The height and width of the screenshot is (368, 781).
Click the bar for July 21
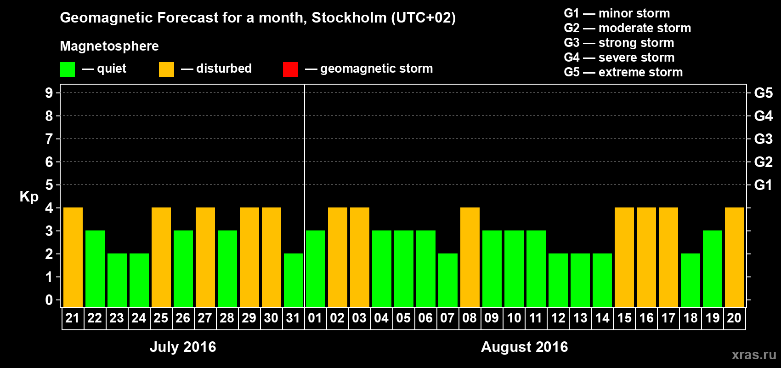pyautogui.click(x=73, y=257)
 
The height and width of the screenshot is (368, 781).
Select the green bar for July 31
pyautogui.click(x=294, y=280)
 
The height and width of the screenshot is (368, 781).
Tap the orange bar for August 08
pyautogui.click(x=470, y=257)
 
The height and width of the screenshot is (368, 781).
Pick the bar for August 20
pyautogui.click(x=735, y=257)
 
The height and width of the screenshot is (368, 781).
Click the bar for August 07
pyautogui.click(x=448, y=280)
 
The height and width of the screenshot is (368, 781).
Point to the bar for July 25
pyautogui.click(x=161, y=257)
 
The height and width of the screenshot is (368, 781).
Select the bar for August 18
pyautogui.click(x=690, y=280)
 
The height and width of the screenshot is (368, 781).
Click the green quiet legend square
pyautogui.click(x=67, y=69)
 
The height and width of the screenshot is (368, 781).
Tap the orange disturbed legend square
pyautogui.click(x=166, y=69)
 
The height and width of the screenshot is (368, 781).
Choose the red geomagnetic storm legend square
pyautogui.click(x=290, y=69)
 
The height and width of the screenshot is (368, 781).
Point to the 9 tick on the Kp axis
pyautogui.click(x=49, y=93)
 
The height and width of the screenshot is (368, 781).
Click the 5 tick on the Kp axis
pyautogui.click(x=49, y=185)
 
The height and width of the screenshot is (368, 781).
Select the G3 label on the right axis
pyautogui.click(x=763, y=139)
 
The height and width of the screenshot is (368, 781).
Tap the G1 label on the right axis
pyautogui.click(x=763, y=185)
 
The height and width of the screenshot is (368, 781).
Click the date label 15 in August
pyautogui.click(x=624, y=318)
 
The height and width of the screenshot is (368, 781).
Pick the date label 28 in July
pyautogui.click(x=227, y=318)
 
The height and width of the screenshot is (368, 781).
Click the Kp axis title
pyautogui.click(x=29, y=197)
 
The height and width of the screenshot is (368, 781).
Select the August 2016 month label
pyautogui.click(x=524, y=347)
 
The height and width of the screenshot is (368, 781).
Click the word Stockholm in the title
pyautogui.click(x=349, y=18)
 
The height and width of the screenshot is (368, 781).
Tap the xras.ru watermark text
pyautogui.click(x=754, y=355)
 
